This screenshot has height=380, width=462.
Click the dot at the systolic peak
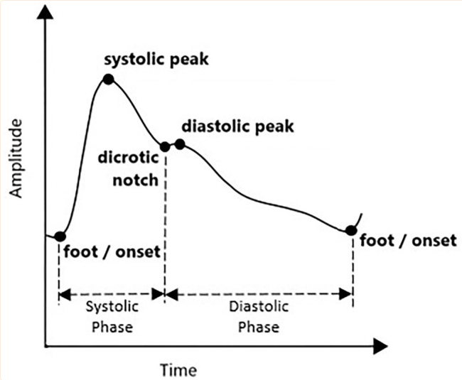pyautogui.click(x=108, y=79)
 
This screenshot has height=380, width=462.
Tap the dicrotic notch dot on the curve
pyautogui.click(x=165, y=146)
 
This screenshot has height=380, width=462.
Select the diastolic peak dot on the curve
pyautogui.click(x=180, y=144)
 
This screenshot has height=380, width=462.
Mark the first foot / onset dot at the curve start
pyautogui.click(x=60, y=237)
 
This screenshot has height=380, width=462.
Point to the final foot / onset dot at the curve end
pyautogui.click(x=350, y=230)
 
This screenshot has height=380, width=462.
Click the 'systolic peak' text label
pyautogui.click(x=157, y=59)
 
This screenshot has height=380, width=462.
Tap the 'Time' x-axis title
pyautogui.click(x=178, y=369)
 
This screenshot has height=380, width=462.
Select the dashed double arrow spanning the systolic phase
pyautogui.click(x=112, y=293)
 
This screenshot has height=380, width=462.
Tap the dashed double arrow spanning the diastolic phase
pyautogui.click(x=259, y=293)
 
